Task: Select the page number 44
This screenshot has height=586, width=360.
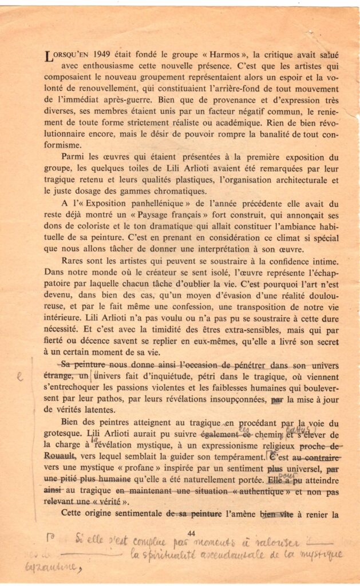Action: [x=191, y=533]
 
